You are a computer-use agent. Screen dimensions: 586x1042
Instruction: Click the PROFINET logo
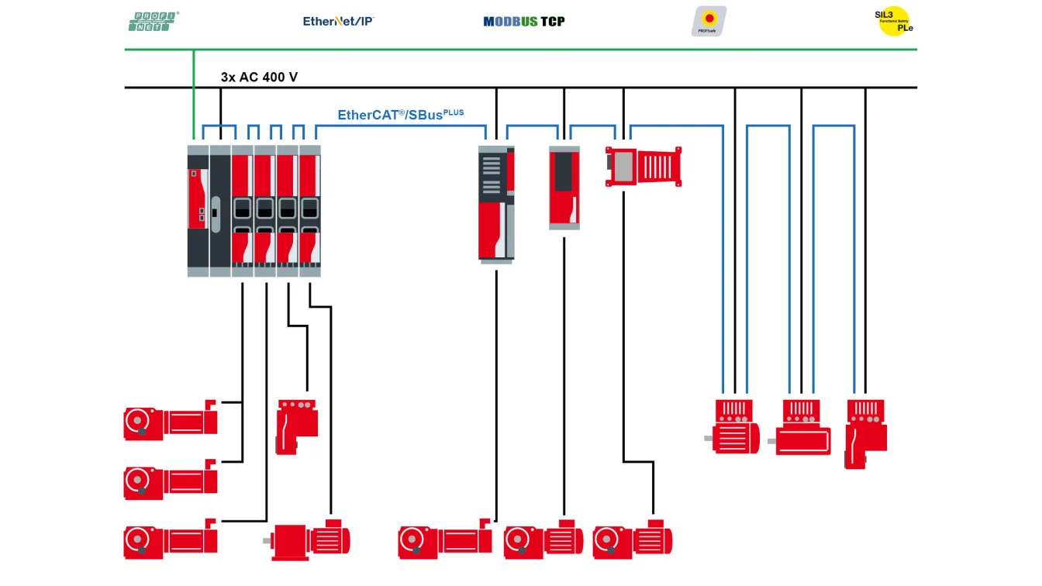[154, 21]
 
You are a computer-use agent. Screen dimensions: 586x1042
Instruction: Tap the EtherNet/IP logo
[339, 21]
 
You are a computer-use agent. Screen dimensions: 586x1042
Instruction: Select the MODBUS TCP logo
[524, 21]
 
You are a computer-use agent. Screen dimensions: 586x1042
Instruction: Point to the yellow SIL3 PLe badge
[893, 21]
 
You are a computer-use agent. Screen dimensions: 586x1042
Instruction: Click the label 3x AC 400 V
[259, 78]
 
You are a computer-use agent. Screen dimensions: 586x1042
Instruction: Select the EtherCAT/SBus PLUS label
[400, 115]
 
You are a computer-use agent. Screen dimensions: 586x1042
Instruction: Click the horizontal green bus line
[543, 50]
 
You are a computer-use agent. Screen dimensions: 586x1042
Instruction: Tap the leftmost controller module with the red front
[198, 209]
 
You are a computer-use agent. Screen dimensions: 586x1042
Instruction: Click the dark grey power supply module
[220, 209]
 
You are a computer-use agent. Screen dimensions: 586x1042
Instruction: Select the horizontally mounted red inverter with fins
[643, 167]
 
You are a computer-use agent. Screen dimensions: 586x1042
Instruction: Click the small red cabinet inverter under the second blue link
[564, 188]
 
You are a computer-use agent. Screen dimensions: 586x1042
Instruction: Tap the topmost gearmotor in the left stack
[171, 422]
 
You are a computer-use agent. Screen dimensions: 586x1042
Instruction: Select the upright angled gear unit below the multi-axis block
[295, 426]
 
